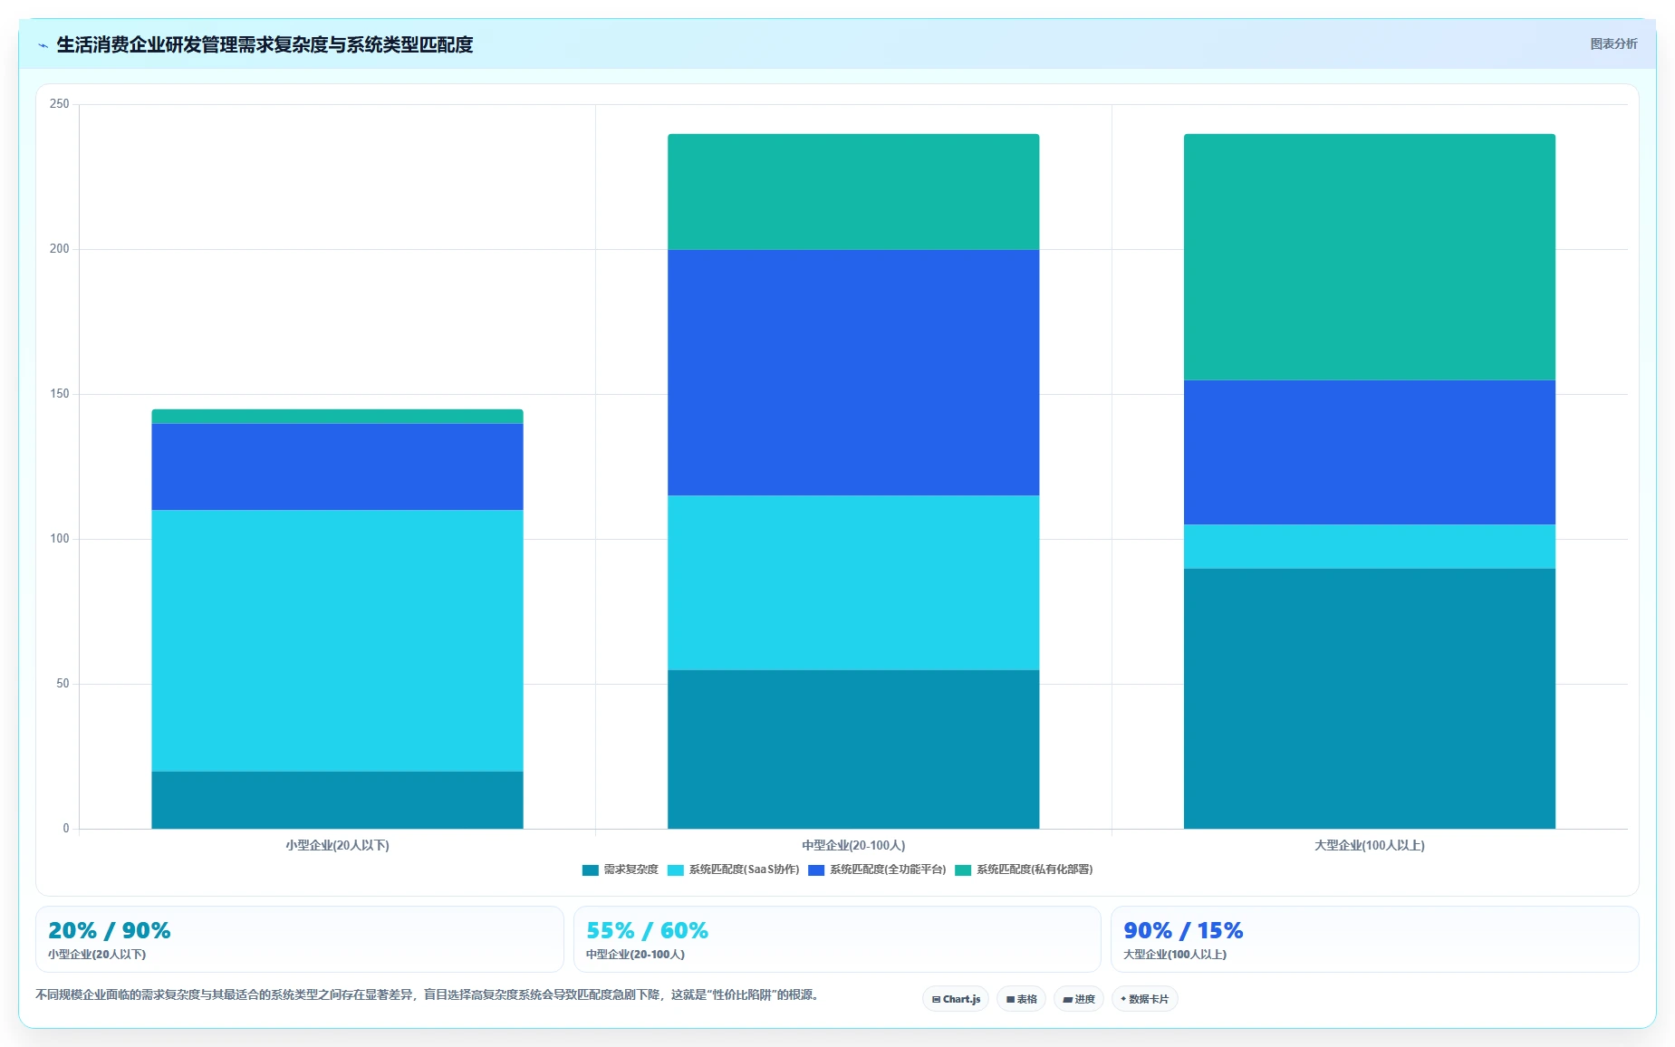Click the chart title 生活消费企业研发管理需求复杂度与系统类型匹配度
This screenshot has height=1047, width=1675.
[x=265, y=44]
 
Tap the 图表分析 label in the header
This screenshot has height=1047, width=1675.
[x=1613, y=43]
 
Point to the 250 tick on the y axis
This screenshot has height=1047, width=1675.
[x=59, y=104]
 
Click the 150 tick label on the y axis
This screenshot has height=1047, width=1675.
[x=59, y=394]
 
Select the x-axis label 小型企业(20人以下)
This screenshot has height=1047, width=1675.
[x=337, y=845]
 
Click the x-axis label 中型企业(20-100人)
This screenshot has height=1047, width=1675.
[x=853, y=845]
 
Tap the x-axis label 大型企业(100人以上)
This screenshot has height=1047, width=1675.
[x=1370, y=845]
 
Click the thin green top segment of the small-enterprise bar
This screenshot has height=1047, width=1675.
[x=337, y=417]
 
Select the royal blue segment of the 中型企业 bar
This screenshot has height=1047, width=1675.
[x=853, y=372]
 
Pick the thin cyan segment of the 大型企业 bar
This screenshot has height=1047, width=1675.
[x=1370, y=546]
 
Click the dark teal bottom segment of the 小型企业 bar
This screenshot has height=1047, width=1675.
[x=337, y=800]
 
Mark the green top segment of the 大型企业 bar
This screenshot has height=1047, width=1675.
[x=1370, y=257]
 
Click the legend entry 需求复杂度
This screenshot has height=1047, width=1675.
[x=621, y=869]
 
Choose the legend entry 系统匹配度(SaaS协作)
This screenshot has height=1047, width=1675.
[x=734, y=869]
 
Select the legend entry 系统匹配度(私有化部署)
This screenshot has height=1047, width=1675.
[x=1025, y=869]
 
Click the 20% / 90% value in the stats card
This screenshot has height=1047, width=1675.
[x=110, y=930]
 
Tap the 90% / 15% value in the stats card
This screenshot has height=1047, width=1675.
[x=1183, y=930]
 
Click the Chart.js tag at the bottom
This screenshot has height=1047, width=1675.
[x=956, y=999]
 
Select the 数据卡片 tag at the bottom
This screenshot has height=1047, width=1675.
[x=1144, y=999]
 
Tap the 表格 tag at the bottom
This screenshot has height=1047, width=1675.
[x=1021, y=999]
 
